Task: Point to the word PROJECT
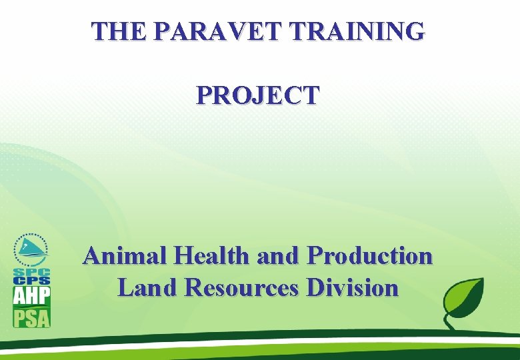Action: coord(258,95)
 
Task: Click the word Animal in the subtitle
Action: coord(124,256)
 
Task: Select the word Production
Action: coord(369,256)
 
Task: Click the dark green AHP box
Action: coord(31,294)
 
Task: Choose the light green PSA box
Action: coord(31,316)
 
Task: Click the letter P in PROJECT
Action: coord(204,95)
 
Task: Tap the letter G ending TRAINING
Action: coord(413,31)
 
